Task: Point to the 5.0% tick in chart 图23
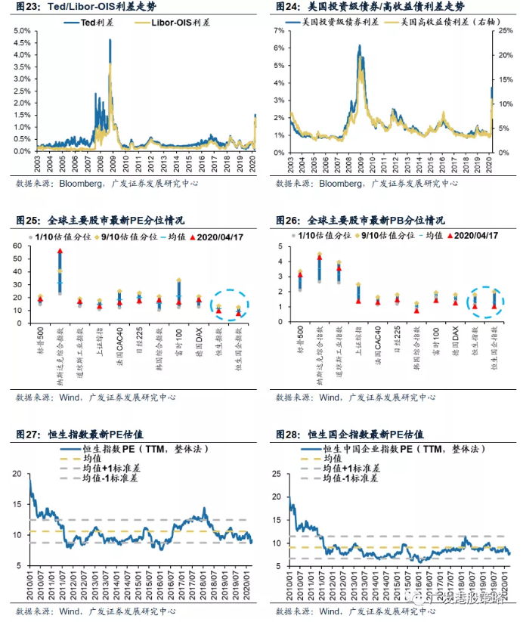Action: pyautogui.click(x=20, y=31)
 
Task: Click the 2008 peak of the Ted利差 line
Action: pyautogui.click(x=110, y=41)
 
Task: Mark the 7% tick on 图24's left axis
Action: pyautogui.click(x=280, y=31)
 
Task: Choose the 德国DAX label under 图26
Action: pyautogui.click(x=456, y=340)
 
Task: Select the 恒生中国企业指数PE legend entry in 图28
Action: pyautogui.click(x=393, y=448)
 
